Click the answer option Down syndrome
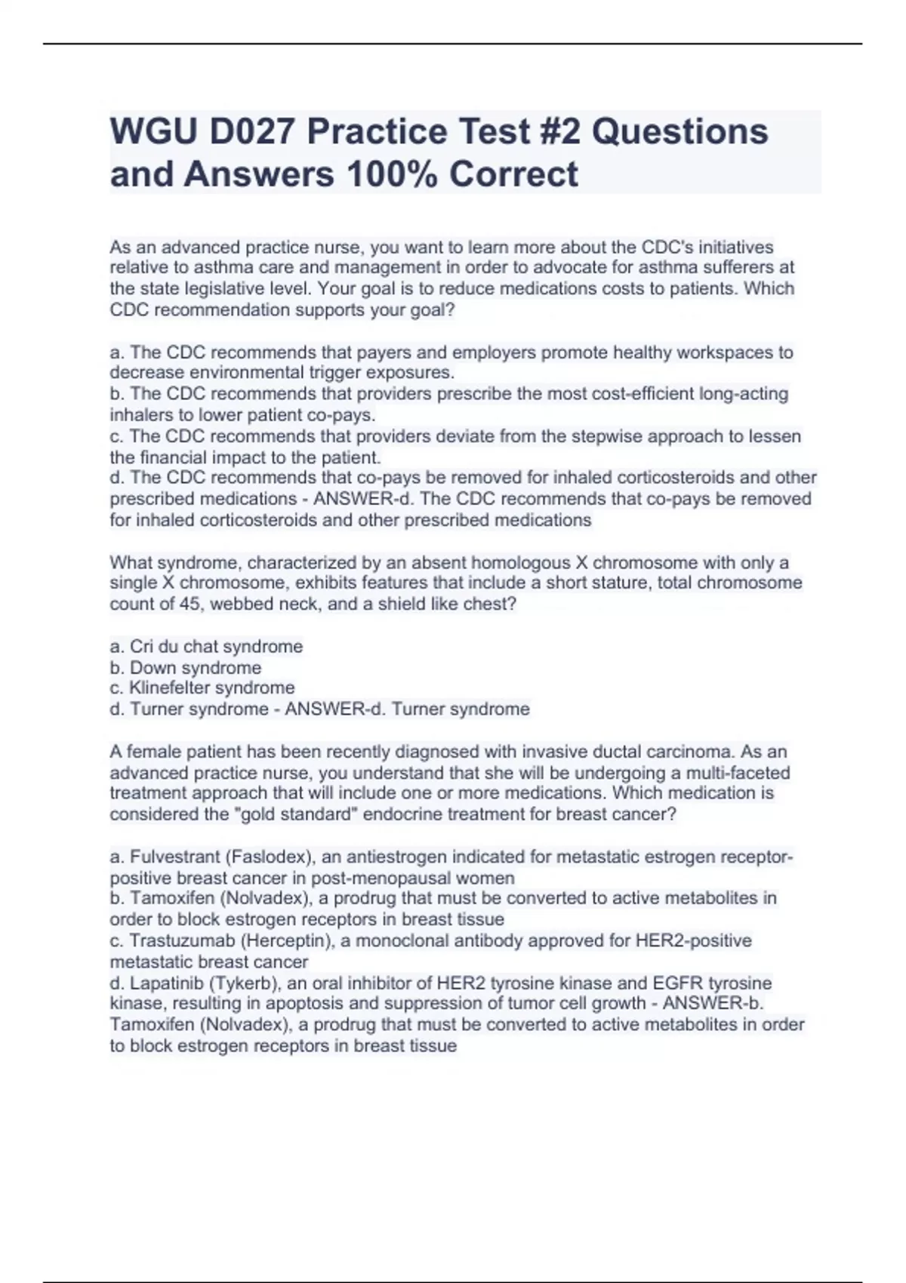196,668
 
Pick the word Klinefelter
170,688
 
